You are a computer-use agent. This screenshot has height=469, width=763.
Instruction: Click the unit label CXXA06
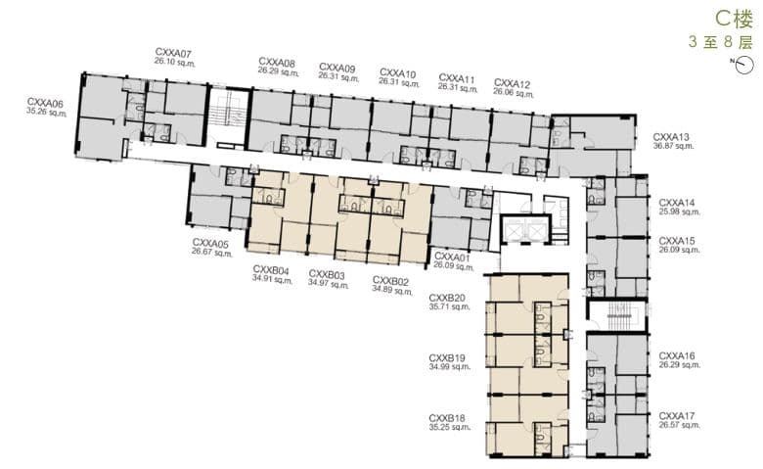tap(45, 103)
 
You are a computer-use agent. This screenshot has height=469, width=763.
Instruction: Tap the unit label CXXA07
tap(173, 53)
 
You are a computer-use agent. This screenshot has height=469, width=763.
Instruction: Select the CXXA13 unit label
tap(671, 137)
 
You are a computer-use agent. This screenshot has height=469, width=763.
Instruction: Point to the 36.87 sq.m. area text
tap(673, 146)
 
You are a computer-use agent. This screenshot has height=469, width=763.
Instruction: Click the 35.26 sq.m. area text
tap(47, 112)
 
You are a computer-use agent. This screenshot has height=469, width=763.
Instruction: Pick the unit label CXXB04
tap(271, 270)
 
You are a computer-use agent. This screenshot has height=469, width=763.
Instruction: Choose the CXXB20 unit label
tap(447, 298)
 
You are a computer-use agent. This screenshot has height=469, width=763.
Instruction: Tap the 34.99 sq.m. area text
tap(450, 366)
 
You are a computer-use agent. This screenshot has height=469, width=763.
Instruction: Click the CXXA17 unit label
tap(677, 416)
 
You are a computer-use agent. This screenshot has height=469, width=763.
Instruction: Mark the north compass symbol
tap(743, 65)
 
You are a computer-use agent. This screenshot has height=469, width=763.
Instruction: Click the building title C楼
tap(735, 19)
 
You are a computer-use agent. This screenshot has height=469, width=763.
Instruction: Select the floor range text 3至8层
tap(721, 42)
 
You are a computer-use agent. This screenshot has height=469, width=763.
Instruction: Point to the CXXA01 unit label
tap(452, 257)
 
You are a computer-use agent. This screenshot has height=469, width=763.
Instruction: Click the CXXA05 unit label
tap(210, 243)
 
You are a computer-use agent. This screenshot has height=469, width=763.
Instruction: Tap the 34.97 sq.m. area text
tap(329, 283)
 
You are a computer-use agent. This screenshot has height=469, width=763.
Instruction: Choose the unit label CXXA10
tap(397, 73)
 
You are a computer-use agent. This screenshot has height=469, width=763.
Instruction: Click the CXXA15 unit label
tap(677, 241)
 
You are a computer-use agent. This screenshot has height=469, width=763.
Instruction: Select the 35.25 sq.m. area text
tap(450, 427)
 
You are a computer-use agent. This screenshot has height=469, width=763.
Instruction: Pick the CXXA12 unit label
tap(512, 84)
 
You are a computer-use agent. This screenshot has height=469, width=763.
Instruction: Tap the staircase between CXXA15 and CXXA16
tap(617, 315)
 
